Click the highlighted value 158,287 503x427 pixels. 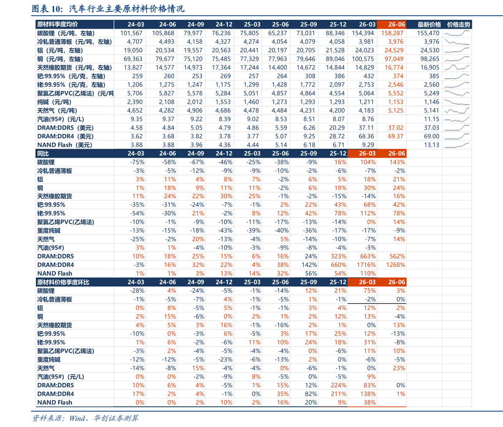pos(392,33)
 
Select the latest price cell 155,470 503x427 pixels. pos(428,33)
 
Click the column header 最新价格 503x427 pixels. pos(429,24)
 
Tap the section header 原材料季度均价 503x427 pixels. pos(57,24)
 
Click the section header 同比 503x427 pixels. pos(43,153)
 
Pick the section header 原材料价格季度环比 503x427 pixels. pos(63,282)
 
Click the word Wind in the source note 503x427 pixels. pos(77,418)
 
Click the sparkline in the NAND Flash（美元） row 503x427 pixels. pos(457,145)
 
